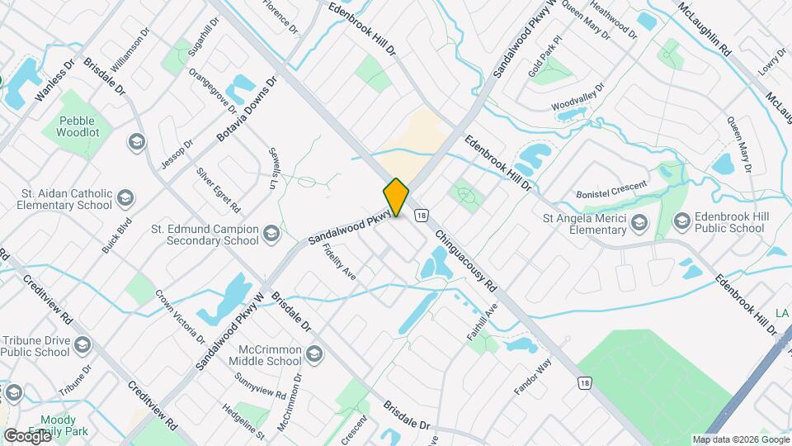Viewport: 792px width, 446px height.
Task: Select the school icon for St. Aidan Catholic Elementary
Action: pos(125,198)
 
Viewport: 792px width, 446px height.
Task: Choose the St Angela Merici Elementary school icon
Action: pos(638,222)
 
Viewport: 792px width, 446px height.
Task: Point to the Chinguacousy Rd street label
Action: pos(466,261)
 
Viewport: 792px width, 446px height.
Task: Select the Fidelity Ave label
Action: pos(339,263)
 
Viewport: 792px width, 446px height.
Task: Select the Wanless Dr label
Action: pos(54,80)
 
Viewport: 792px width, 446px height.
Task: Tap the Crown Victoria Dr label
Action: pos(180,316)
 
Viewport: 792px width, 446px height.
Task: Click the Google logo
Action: pos(28,435)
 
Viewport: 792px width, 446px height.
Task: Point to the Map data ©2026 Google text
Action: pos(740,439)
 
